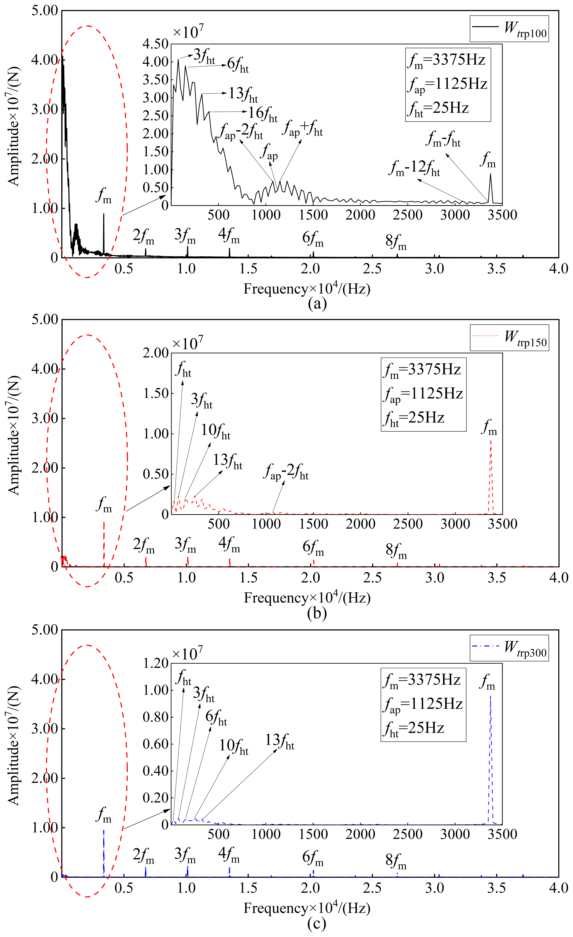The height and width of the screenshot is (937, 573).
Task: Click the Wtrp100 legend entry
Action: (509, 29)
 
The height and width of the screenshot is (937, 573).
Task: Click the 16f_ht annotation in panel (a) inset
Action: (263, 113)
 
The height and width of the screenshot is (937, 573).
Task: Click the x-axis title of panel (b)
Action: (307, 597)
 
